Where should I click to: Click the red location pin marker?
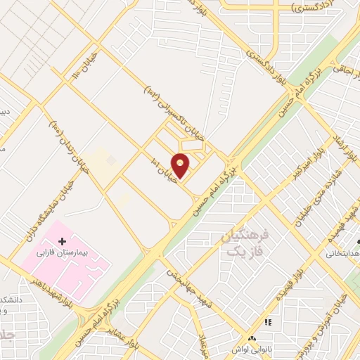pyautogui.click(x=181, y=165)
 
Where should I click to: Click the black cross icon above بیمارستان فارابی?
pyautogui.click(x=62, y=241)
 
